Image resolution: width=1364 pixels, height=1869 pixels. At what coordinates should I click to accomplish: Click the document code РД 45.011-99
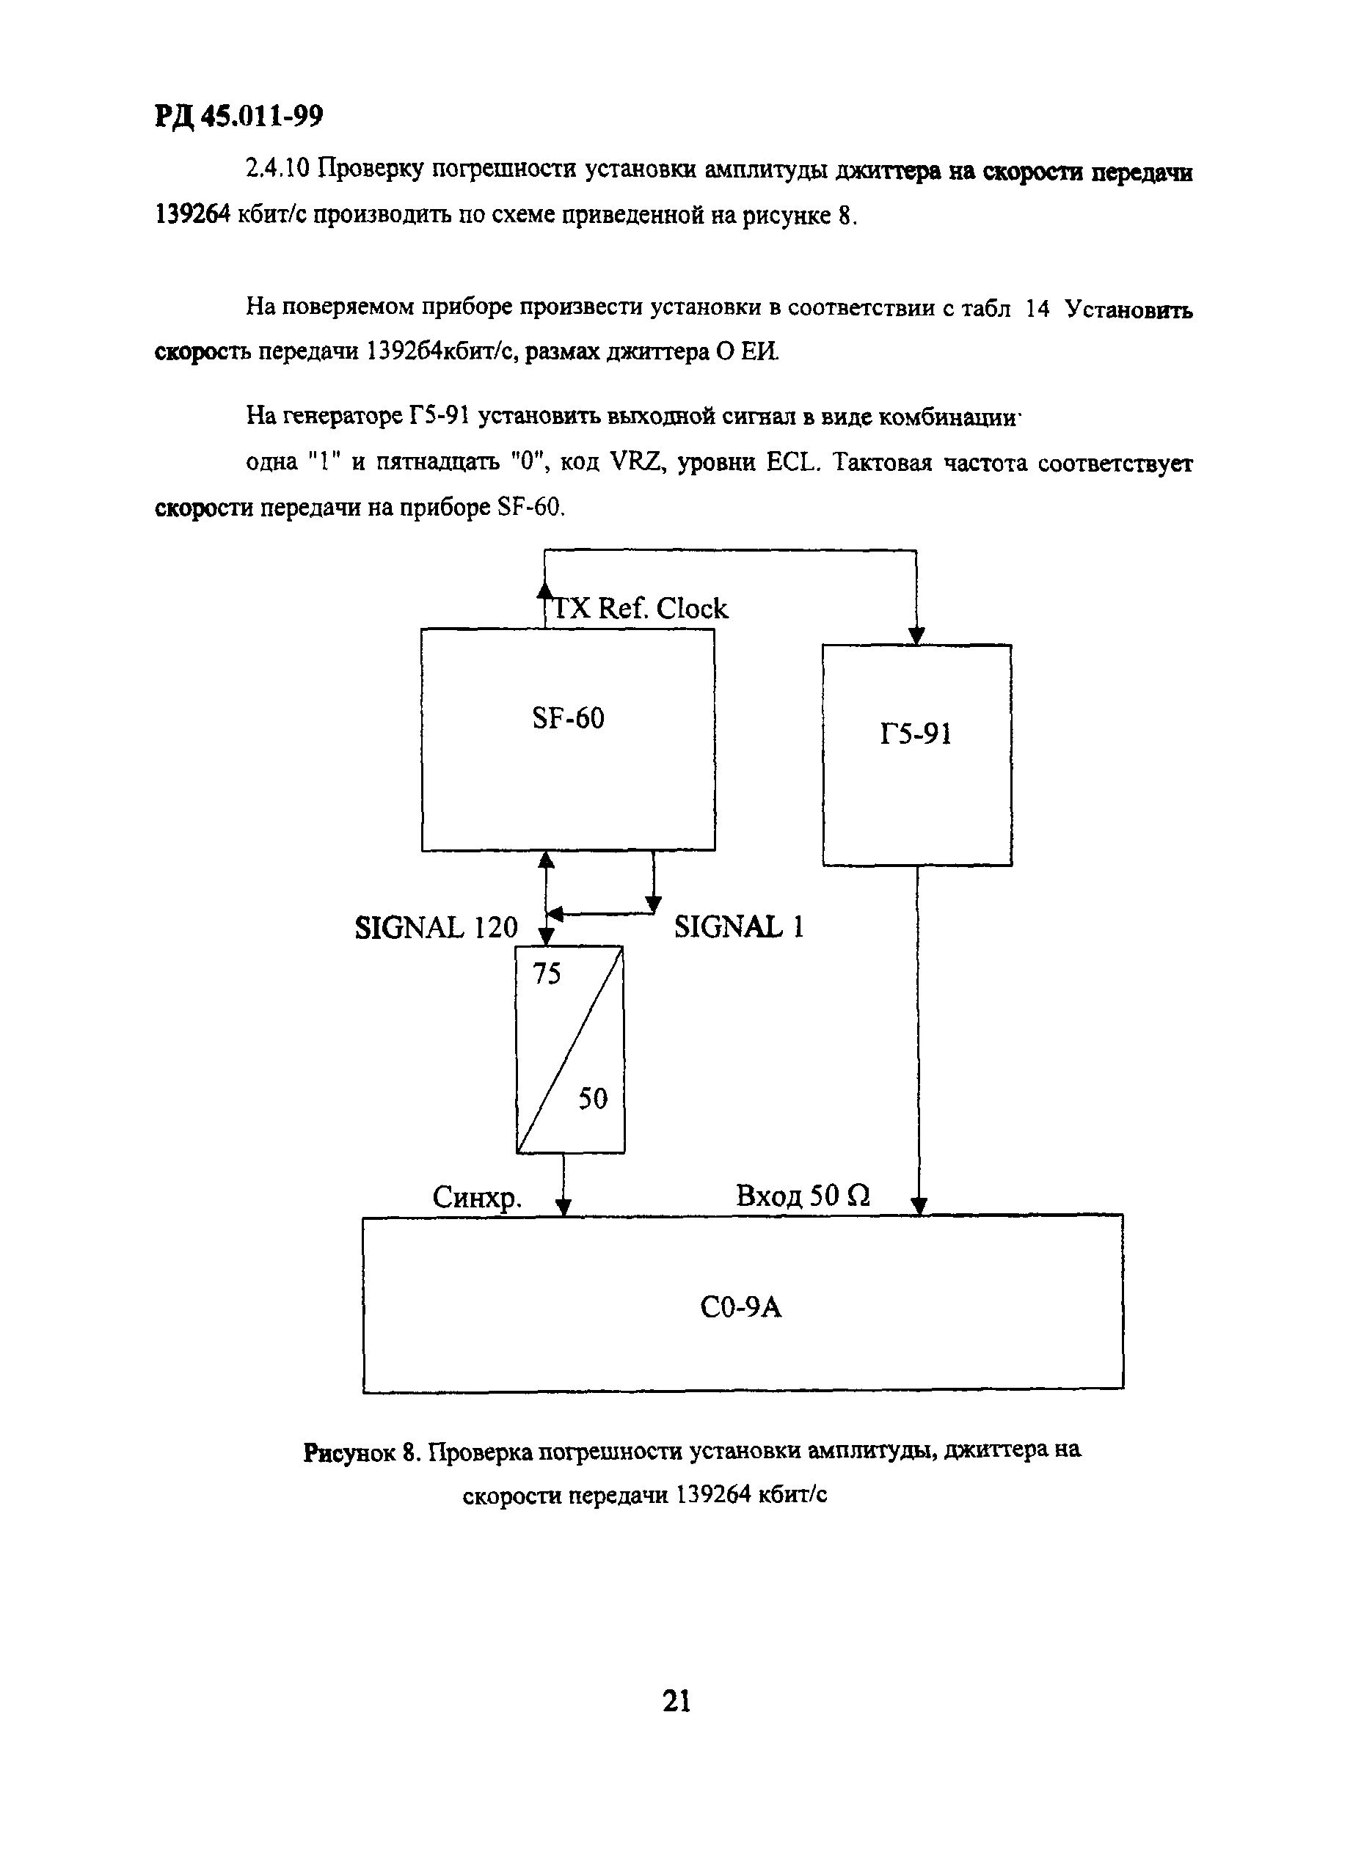[x=238, y=117]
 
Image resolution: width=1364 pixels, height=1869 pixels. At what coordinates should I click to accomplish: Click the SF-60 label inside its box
[x=568, y=718]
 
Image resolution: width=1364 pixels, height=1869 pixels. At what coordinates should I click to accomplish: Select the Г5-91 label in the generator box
[x=916, y=734]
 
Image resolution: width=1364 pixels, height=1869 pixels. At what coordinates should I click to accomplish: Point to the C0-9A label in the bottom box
[x=740, y=1308]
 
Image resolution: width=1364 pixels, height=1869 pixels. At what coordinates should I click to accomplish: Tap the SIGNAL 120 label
[x=436, y=928]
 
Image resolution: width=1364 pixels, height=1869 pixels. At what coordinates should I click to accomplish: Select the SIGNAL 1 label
[x=738, y=927]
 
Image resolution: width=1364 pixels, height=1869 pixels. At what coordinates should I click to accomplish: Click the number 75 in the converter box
[x=547, y=974]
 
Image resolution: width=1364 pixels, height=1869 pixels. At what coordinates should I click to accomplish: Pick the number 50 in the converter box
[x=592, y=1099]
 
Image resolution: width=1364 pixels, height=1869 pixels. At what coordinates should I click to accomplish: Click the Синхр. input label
[x=477, y=1198]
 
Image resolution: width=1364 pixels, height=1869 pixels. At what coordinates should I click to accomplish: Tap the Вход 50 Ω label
[x=803, y=1196]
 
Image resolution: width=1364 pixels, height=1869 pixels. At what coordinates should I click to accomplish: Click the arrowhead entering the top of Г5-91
[x=916, y=636]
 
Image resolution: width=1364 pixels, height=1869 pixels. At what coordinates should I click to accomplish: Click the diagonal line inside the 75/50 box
[x=569, y=1048]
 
